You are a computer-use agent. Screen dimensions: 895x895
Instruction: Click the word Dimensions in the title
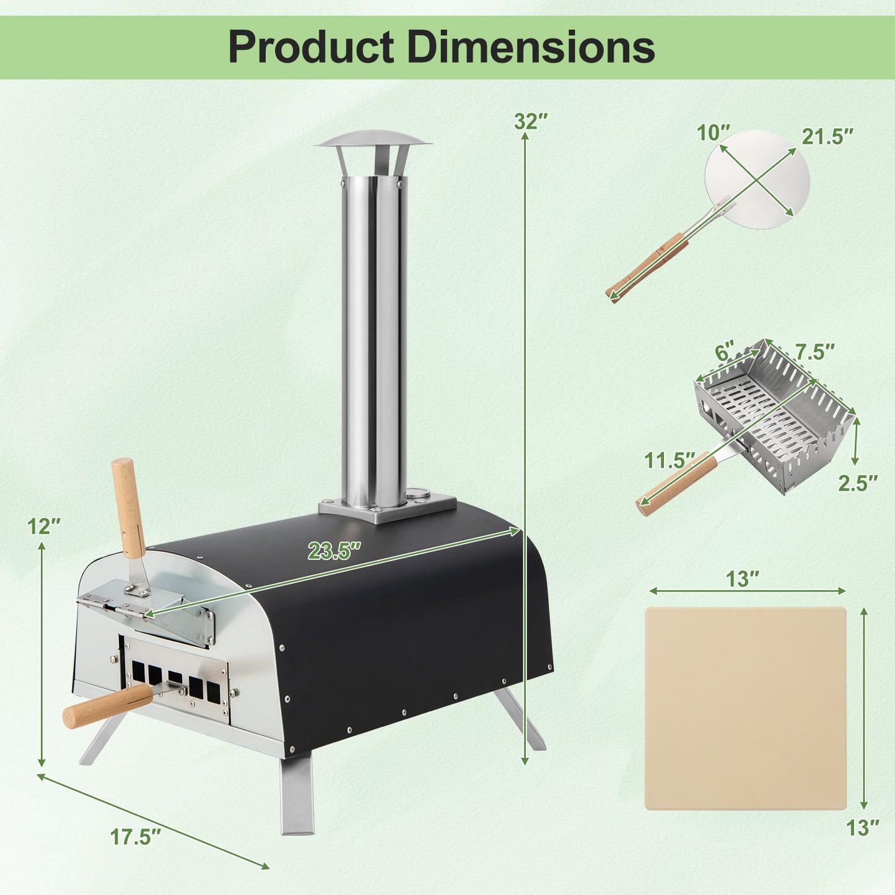[x=531, y=47]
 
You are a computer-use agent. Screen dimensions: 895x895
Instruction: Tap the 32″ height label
[x=531, y=121]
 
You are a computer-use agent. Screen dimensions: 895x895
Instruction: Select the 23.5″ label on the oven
[x=334, y=551]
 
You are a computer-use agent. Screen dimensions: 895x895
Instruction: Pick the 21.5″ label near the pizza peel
[x=827, y=136]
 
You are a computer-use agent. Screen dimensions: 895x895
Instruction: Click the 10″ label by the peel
[x=714, y=133]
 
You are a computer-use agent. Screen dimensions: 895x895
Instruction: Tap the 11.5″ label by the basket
[x=670, y=460]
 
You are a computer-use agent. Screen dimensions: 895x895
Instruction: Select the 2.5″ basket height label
[x=858, y=483]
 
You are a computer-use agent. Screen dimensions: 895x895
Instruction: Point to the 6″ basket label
[x=725, y=352]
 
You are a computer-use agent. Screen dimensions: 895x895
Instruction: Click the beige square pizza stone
[x=745, y=708]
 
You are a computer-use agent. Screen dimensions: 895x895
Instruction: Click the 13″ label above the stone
[x=743, y=579]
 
